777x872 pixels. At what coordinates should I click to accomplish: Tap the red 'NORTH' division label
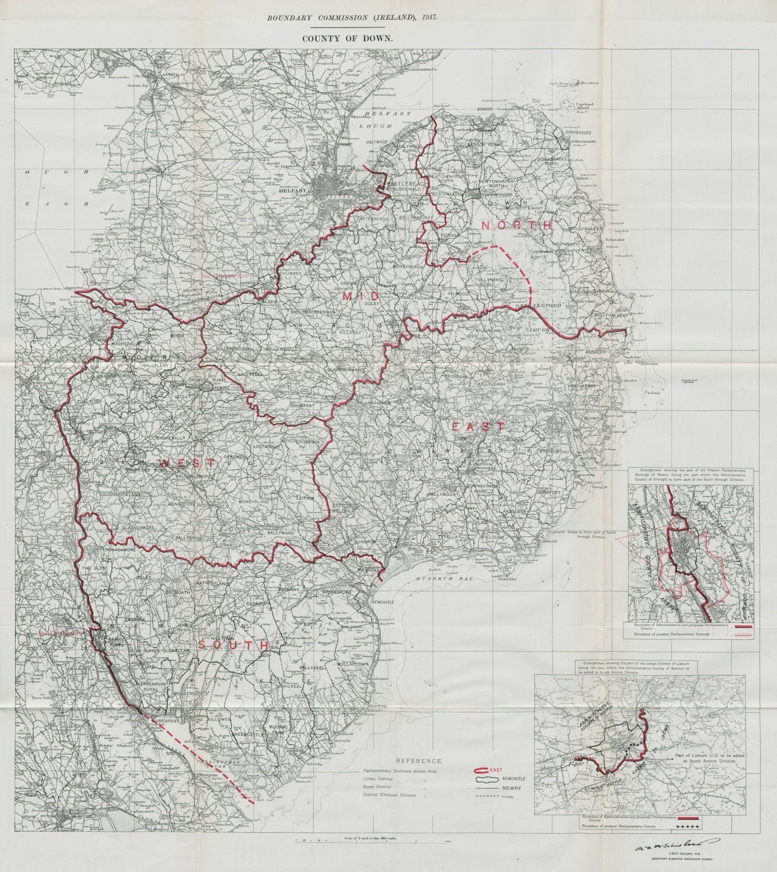516,225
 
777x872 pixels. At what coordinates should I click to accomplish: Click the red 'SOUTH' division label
233,645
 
